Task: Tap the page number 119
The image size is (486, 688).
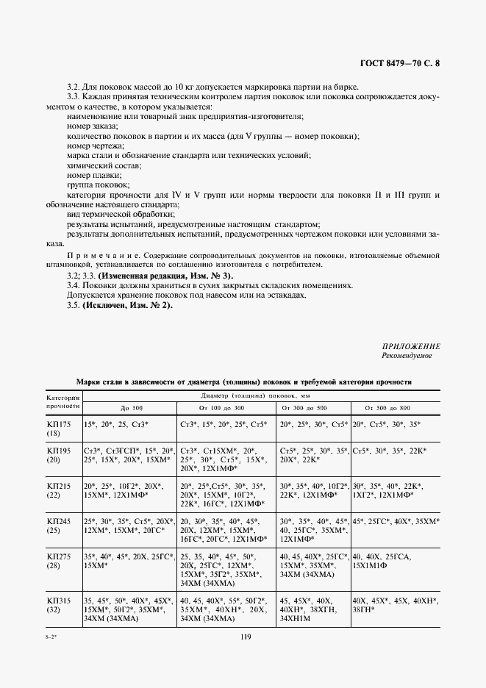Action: [x=243, y=639]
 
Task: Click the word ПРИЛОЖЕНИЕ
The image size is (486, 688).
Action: [x=411, y=346]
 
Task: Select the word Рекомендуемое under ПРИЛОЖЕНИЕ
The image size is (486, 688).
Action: [x=407, y=356]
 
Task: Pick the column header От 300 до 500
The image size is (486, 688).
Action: [x=312, y=407]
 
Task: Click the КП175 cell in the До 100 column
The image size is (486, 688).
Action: [x=117, y=425]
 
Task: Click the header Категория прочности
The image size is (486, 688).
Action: [x=63, y=401]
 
